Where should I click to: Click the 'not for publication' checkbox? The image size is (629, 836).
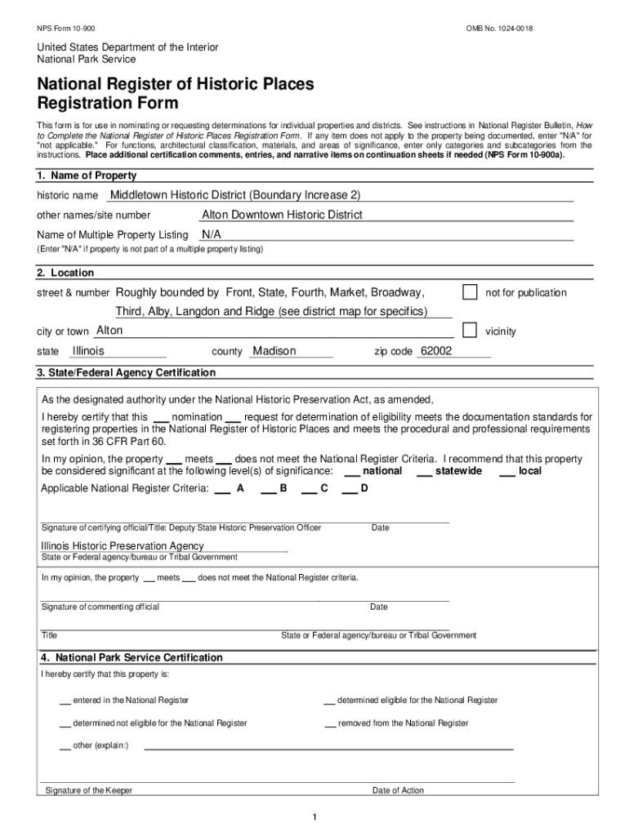pyautogui.click(x=470, y=292)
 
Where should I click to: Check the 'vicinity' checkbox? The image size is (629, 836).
pyautogui.click(x=470, y=330)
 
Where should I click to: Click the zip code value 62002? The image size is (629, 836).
pyautogui.click(x=435, y=351)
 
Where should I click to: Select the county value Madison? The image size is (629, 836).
pyautogui.click(x=274, y=351)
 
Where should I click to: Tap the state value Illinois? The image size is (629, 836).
pyautogui.click(x=88, y=351)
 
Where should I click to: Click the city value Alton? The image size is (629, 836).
pyautogui.click(x=109, y=331)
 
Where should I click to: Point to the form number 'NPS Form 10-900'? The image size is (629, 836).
pyautogui.click(x=65, y=29)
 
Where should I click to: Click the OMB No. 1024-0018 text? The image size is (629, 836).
pyautogui.click(x=500, y=29)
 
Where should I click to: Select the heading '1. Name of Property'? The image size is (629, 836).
pyautogui.click(x=87, y=176)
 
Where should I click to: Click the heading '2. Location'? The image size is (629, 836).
pyautogui.click(x=65, y=273)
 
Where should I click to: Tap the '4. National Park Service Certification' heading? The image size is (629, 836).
pyautogui.click(x=131, y=657)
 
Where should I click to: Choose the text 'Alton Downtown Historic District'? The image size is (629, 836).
pyautogui.click(x=282, y=215)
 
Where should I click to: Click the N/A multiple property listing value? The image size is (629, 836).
pyautogui.click(x=212, y=234)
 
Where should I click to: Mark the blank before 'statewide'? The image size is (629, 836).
pyautogui.click(x=424, y=472)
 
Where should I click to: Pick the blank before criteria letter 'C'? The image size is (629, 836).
pyautogui.click(x=309, y=489)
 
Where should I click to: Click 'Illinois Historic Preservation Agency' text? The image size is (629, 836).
pyautogui.click(x=123, y=545)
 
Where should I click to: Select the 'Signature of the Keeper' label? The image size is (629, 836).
pyautogui.click(x=89, y=790)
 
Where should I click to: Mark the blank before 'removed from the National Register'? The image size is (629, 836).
pyautogui.click(x=330, y=724)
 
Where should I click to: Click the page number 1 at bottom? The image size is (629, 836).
pyautogui.click(x=314, y=818)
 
